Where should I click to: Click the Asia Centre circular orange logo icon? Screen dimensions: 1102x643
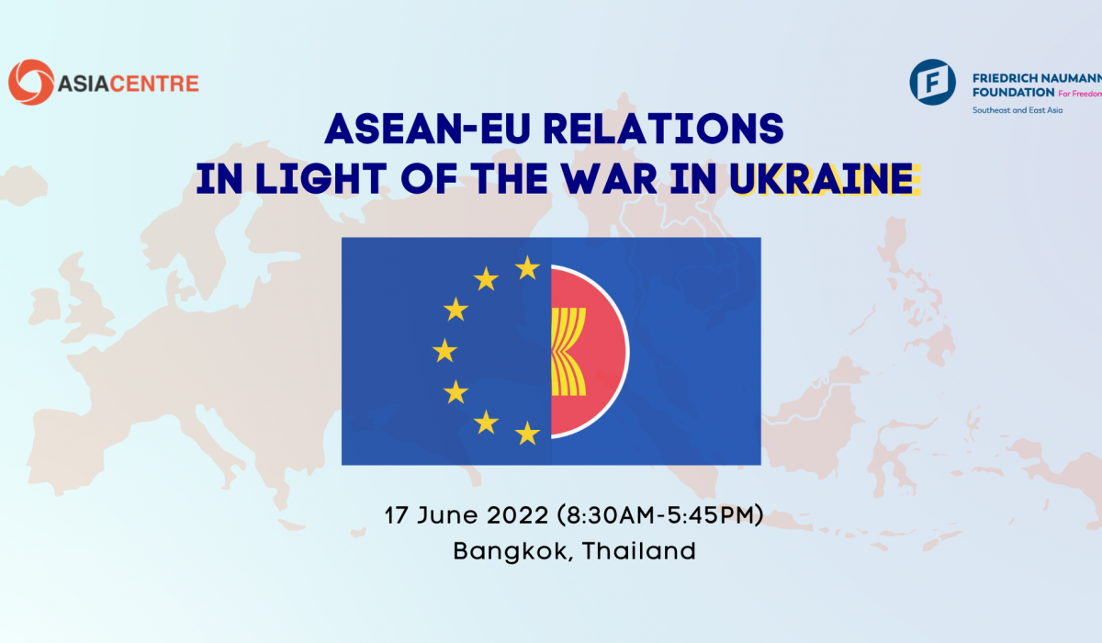[x=31, y=82]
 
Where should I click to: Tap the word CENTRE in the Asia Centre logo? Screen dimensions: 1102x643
[x=154, y=84]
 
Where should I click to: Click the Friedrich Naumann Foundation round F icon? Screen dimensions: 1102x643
[x=932, y=82]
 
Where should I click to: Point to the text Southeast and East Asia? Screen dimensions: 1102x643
[x=1018, y=110]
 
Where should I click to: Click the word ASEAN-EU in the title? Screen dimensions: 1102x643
[x=427, y=129]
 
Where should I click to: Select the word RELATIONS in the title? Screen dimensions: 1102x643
[x=663, y=129]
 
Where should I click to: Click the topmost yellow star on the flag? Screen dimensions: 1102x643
[x=527, y=268]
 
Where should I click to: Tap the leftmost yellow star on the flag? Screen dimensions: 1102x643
[x=444, y=351]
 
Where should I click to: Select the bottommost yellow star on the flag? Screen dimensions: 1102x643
[x=527, y=433]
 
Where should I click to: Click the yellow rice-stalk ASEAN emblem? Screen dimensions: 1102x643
[x=568, y=351]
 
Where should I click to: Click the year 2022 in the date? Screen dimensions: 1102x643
[x=517, y=515]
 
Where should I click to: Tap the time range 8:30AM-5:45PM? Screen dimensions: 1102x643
[x=659, y=515]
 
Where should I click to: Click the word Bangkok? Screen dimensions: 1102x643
[x=510, y=551]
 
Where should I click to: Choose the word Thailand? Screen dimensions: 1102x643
[x=639, y=551]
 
